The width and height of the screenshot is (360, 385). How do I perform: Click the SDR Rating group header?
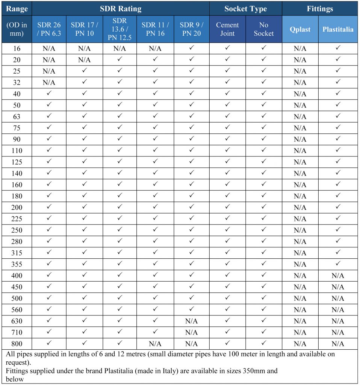click(121, 9)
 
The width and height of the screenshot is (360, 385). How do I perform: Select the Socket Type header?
click(245, 9)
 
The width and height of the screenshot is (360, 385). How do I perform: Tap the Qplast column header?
click(300, 29)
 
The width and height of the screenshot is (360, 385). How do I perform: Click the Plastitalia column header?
click(338, 29)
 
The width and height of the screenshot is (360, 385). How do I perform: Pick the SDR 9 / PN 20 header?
click(191, 29)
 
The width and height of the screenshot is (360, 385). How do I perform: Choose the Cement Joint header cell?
click(227, 29)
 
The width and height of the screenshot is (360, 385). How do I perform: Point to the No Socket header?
click(264, 29)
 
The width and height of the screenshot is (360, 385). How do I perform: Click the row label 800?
click(17, 344)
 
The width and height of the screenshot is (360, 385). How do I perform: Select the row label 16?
click(17, 49)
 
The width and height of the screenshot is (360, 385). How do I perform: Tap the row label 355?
click(17, 264)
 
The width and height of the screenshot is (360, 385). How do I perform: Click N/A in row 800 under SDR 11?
click(155, 344)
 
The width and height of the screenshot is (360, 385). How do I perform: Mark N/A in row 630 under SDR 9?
click(191, 321)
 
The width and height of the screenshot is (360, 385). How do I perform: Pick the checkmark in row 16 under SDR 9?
click(191, 48)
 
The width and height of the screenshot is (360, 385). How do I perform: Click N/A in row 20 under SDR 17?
click(85, 60)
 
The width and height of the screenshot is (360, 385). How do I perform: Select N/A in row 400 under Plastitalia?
click(338, 276)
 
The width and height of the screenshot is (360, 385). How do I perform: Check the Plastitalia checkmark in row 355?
click(338, 264)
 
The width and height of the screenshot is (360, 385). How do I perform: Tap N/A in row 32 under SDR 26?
click(49, 82)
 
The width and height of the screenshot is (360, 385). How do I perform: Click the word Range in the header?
click(17, 9)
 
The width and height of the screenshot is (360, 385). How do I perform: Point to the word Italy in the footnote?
click(168, 371)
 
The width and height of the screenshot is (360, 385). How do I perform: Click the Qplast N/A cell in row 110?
click(300, 151)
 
